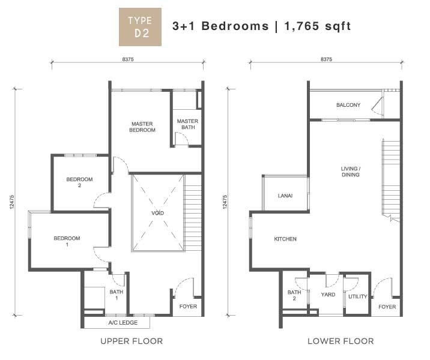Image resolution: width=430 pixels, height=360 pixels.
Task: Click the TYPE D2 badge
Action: (x=140, y=27)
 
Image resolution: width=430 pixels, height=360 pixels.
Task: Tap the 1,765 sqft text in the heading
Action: (x=318, y=26)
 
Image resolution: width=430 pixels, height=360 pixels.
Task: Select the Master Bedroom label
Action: (x=142, y=127)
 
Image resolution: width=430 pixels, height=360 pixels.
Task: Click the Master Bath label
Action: (x=188, y=124)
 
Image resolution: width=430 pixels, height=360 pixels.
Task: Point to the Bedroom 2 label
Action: (x=79, y=182)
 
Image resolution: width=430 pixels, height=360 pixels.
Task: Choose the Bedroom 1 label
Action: (x=67, y=241)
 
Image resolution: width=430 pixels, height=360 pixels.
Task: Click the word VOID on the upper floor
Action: (x=158, y=213)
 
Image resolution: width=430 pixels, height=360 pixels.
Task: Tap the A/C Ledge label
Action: (x=123, y=322)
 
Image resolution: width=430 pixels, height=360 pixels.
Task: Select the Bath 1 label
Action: (x=117, y=295)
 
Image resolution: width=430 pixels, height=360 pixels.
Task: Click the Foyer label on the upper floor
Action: (x=188, y=306)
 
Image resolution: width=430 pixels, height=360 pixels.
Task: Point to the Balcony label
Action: (x=348, y=104)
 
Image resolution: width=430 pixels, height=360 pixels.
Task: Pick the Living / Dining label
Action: (x=351, y=172)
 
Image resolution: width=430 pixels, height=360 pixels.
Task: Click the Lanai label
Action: (x=285, y=196)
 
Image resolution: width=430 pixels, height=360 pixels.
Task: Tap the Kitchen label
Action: (x=285, y=239)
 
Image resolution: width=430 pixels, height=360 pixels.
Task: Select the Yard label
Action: (x=328, y=295)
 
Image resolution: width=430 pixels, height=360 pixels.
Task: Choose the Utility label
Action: (x=357, y=296)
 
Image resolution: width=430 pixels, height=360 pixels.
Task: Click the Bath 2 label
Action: (x=294, y=295)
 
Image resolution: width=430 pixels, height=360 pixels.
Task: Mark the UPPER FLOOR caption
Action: (x=132, y=341)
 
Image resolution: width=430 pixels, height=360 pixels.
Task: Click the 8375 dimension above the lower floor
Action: (x=326, y=59)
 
